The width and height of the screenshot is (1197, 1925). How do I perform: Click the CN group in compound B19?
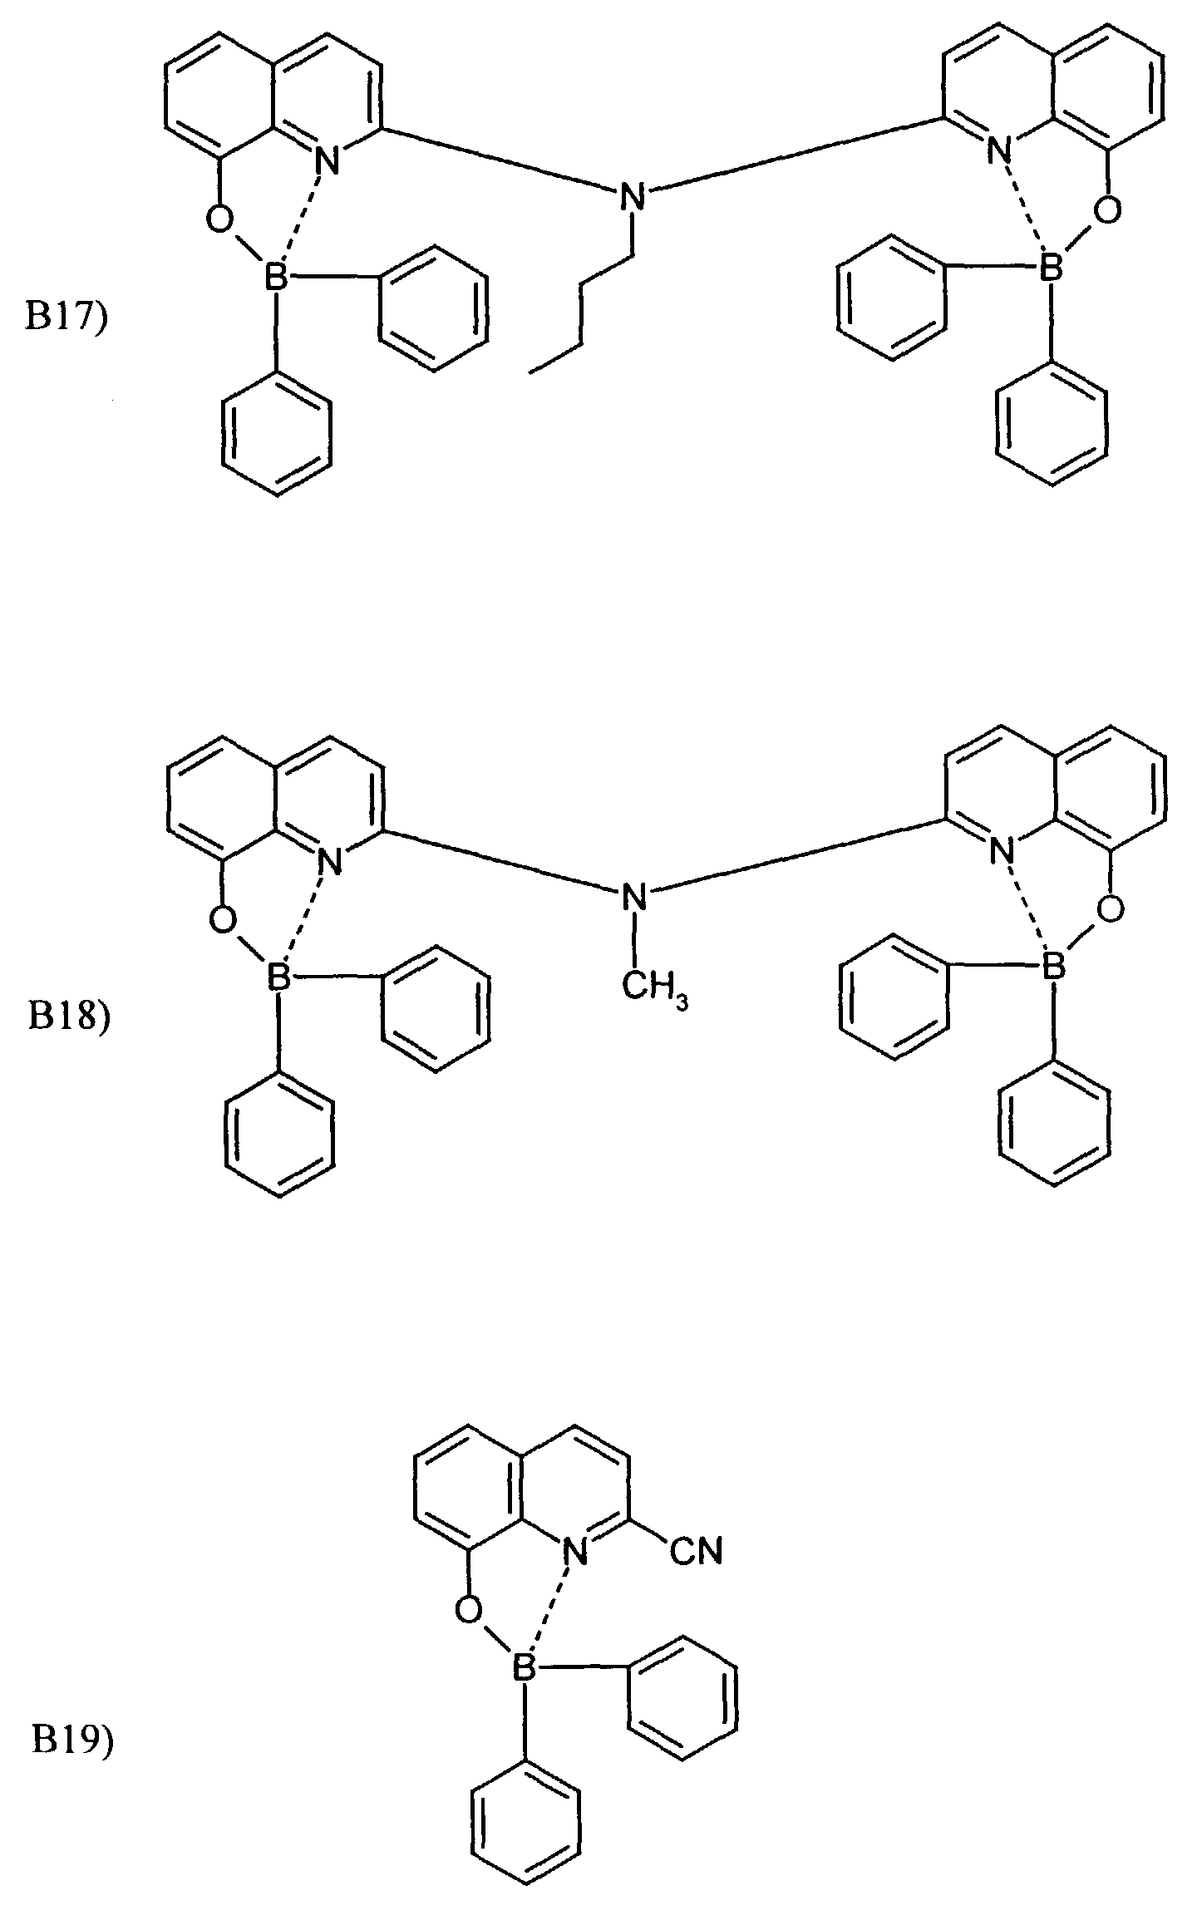click(696, 1551)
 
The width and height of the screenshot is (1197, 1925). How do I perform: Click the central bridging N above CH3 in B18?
click(634, 898)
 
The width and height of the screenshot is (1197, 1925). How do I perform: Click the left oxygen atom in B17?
click(219, 219)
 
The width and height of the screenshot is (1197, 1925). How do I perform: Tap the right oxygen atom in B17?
click(1106, 210)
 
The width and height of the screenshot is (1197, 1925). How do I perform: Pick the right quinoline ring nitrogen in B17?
click(997, 150)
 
